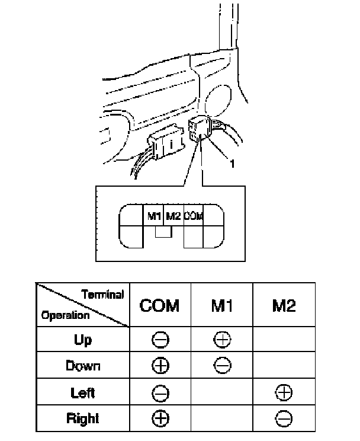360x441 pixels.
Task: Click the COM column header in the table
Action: [160, 306]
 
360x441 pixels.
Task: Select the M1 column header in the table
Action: [222, 306]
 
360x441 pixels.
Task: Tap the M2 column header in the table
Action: [284, 306]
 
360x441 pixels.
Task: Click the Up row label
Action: [83, 340]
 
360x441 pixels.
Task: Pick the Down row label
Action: [83, 366]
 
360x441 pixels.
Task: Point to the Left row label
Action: [83, 392]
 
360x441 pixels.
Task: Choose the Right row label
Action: [83, 418]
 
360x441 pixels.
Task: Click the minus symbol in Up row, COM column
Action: [160, 340]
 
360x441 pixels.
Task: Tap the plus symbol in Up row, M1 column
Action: [222, 340]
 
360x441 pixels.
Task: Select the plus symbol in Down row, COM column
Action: [160, 366]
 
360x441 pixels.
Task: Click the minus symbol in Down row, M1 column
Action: [222, 366]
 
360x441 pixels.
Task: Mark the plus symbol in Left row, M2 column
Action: [284, 392]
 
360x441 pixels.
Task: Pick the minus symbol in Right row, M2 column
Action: [284, 418]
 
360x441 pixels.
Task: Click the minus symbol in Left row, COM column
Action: [160, 392]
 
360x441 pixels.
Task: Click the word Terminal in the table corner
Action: [102, 295]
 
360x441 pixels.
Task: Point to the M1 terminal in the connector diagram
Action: [155, 216]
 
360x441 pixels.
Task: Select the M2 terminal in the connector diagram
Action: [173, 216]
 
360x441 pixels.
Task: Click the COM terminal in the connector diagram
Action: [193, 216]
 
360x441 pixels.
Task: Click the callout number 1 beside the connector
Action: [233, 165]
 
